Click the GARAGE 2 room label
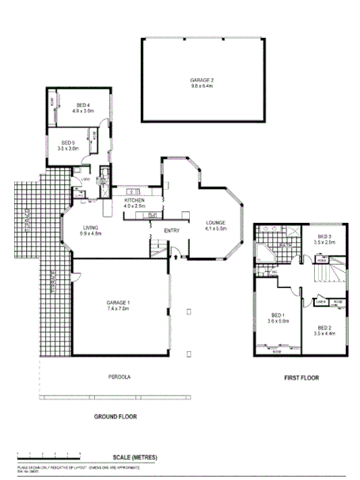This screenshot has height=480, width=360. click(x=201, y=80)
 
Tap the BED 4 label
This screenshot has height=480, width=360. click(x=82, y=105)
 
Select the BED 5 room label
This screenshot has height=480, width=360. click(x=68, y=142)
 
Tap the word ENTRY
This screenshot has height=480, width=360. click(x=172, y=230)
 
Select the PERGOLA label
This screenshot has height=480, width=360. click(x=119, y=376)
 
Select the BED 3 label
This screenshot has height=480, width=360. click(x=325, y=236)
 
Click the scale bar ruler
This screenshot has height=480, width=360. click(x=47, y=455)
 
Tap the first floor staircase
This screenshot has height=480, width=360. click(x=328, y=274)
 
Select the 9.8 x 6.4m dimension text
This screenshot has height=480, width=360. click(x=201, y=86)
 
